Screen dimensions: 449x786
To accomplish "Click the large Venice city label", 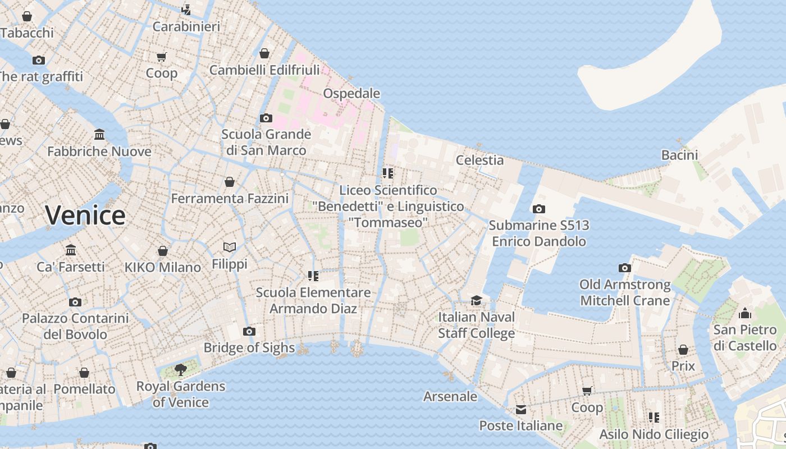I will tap(85, 216).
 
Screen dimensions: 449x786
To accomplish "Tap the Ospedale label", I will tap(351, 93).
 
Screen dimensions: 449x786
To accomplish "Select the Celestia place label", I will tap(479, 160).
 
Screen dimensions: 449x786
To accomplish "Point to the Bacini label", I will tap(679, 155).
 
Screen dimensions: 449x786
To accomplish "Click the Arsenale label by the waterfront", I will tap(450, 396).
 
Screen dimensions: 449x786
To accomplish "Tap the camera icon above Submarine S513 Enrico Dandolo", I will tap(538, 209).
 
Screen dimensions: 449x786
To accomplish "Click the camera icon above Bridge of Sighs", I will tap(249, 332).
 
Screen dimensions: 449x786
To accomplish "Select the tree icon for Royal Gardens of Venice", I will tap(180, 369).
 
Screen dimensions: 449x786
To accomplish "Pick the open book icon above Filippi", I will tap(230, 247).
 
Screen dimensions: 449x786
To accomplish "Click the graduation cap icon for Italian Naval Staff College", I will tap(476, 301).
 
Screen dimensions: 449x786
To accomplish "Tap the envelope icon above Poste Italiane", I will tap(521, 409).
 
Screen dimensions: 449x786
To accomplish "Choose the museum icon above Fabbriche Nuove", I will tap(99, 135).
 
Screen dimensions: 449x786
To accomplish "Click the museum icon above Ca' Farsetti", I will tap(71, 250).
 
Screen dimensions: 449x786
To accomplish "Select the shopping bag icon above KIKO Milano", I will tap(163, 251).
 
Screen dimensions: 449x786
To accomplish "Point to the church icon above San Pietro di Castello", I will tap(745, 313).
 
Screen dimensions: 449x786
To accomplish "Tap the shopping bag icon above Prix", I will tap(683, 350).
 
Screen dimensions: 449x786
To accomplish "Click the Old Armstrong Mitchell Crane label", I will tap(625, 292).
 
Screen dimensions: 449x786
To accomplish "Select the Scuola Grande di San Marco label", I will tap(266, 142).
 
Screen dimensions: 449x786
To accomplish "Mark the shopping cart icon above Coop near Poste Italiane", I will tap(587, 391).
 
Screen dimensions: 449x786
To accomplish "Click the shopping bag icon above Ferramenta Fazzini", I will tap(230, 182).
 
